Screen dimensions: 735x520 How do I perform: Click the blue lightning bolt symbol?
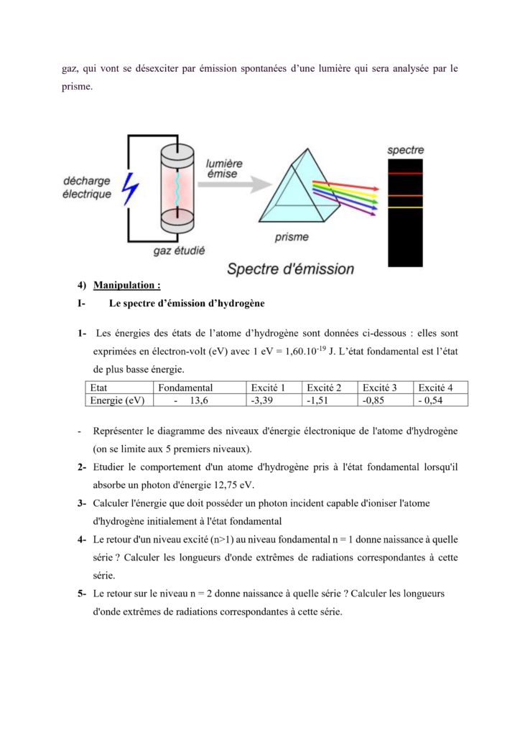130,188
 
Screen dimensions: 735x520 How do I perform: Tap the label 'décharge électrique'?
87,187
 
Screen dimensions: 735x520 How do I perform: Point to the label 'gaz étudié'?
179,251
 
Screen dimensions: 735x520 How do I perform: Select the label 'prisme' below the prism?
292,236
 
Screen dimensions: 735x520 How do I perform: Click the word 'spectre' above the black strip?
406,151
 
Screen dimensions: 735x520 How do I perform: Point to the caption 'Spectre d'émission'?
290,269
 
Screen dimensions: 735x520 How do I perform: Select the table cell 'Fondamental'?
186,388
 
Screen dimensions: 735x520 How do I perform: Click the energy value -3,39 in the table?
262,401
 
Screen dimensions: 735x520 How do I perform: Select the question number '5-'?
83,594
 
